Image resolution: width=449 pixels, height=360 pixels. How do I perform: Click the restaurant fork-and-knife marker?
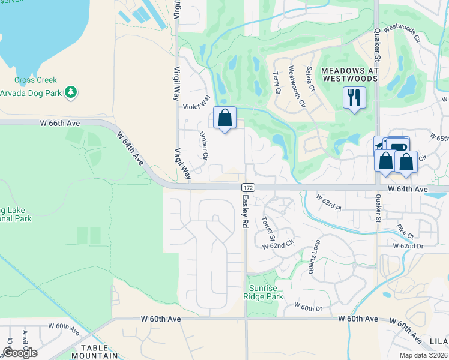354,97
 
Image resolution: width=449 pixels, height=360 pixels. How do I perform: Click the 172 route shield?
250,188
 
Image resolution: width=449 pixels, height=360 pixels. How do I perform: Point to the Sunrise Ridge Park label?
267,292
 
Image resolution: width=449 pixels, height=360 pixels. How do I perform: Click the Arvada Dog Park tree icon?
71,92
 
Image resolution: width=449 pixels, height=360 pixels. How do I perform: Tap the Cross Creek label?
36,80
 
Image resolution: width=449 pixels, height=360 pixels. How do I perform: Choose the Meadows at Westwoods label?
350,74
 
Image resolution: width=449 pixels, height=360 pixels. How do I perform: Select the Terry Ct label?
276,83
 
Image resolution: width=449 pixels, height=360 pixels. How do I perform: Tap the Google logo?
20,352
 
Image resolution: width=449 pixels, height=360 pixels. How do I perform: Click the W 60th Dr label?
308,308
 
